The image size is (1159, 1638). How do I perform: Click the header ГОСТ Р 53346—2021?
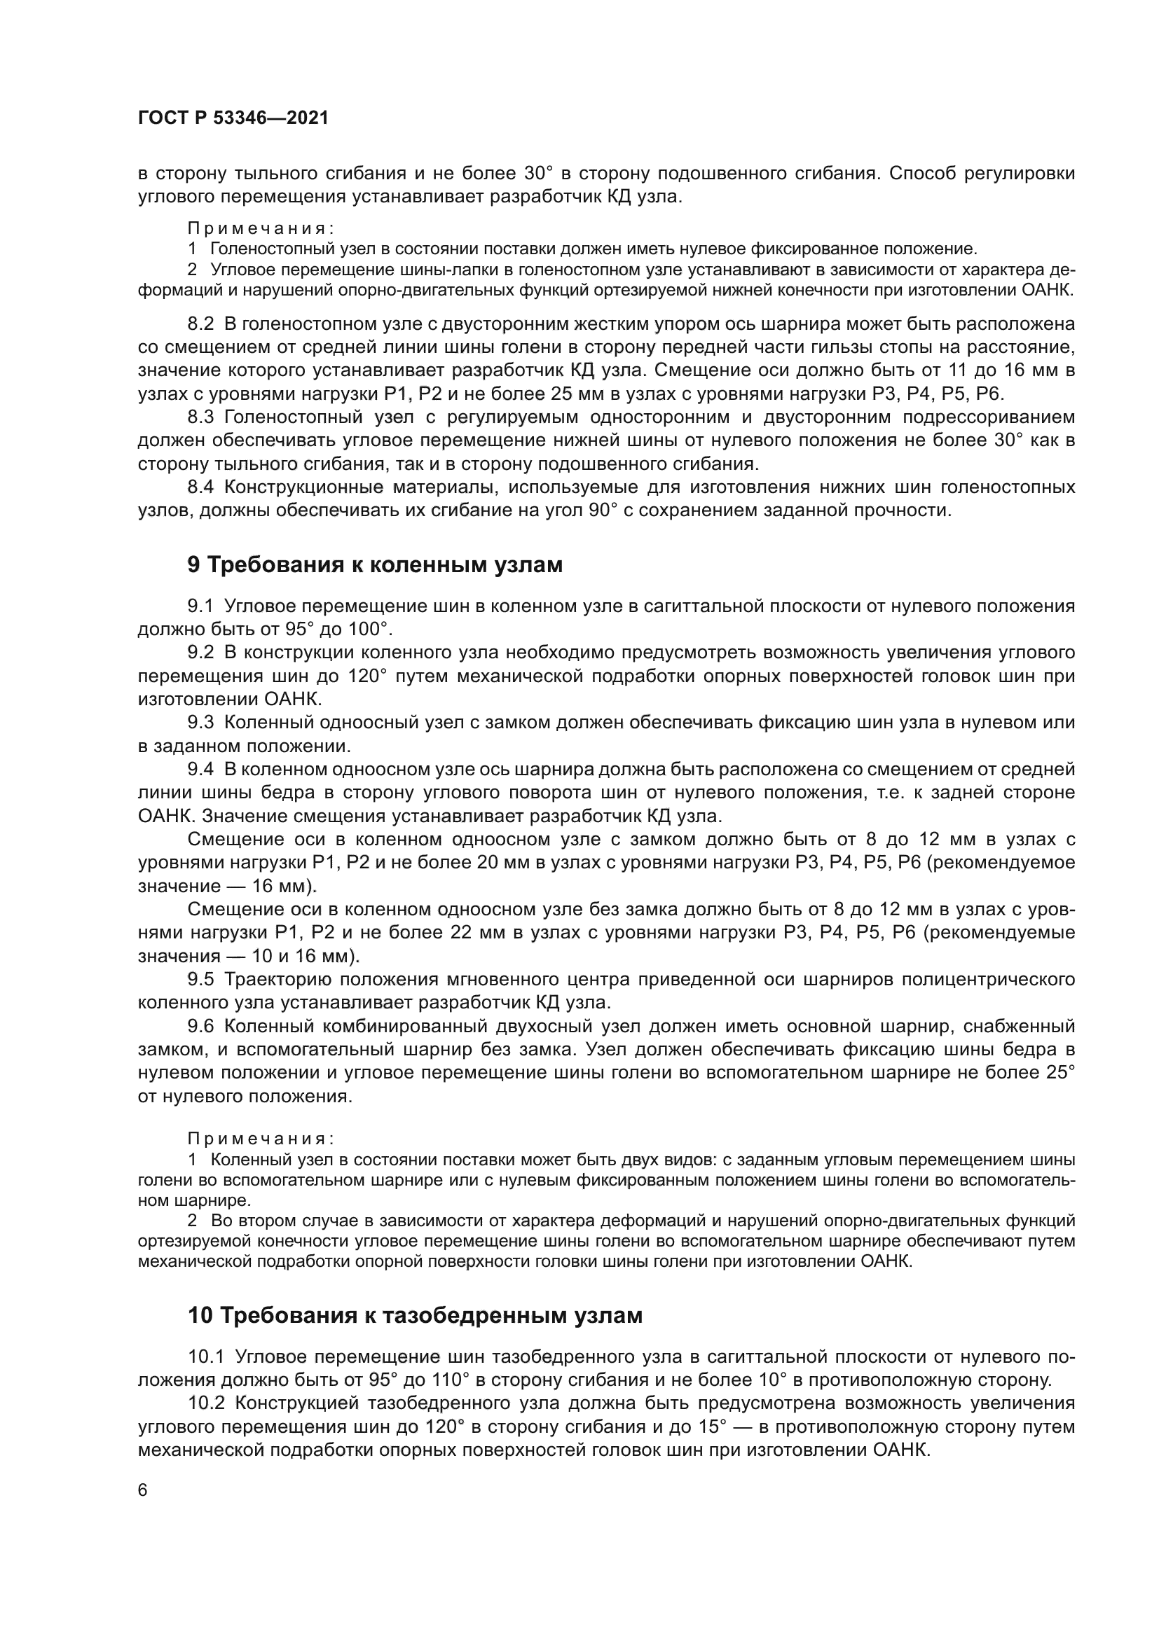coord(233,118)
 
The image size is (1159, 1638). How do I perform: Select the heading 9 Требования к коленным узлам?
coord(375,565)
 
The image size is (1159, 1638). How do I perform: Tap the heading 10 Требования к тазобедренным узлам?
coord(415,1315)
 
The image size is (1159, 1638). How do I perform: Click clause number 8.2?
coord(200,324)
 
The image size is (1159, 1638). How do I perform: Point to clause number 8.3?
coord(200,417)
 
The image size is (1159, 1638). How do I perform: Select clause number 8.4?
coord(200,487)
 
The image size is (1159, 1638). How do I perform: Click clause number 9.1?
coord(200,606)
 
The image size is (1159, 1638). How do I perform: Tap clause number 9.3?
coord(200,723)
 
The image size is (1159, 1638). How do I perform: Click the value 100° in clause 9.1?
coord(369,630)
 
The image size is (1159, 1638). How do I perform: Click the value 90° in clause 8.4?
coord(603,511)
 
